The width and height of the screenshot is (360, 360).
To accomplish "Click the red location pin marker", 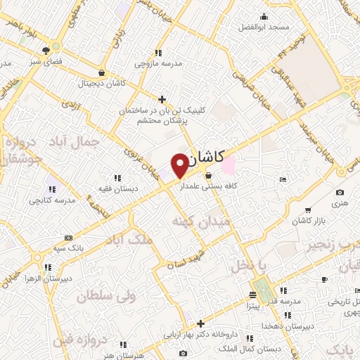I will tap(180, 164).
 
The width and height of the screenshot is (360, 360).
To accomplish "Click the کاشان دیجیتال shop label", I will tap(102, 83).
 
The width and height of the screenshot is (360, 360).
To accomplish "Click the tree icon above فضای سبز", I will tap(46, 50).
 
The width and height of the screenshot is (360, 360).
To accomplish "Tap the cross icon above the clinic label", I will tap(162, 99).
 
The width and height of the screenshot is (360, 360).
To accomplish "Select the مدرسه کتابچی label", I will tap(51, 200).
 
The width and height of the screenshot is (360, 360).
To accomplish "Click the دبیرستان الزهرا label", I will tap(47, 278).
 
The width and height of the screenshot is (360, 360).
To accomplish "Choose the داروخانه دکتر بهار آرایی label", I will tap(200, 335).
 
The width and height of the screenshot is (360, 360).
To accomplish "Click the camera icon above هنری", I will tap(340, 193).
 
